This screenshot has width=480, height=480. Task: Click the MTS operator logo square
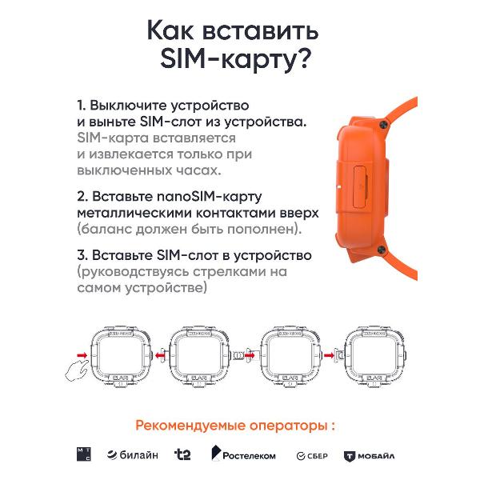(83, 454)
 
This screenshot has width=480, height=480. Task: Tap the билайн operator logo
(133, 455)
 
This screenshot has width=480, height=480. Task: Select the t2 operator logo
(182, 454)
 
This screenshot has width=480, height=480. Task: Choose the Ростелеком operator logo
(243, 454)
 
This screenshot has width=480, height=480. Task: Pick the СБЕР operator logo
(312, 456)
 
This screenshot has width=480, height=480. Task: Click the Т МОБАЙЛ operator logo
(369, 456)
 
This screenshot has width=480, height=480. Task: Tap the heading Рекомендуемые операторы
(235, 426)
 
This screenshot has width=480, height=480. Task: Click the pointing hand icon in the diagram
(77, 370)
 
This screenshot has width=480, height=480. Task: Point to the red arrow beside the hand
(82, 355)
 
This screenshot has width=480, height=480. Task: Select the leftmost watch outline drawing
(121, 357)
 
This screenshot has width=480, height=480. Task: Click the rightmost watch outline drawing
(375, 357)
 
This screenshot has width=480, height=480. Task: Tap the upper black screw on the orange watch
(383, 124)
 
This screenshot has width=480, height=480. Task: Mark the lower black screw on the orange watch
(381, 250)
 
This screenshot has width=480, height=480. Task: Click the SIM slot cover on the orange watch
(360, 186)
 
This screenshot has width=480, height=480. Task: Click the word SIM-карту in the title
(236, 58)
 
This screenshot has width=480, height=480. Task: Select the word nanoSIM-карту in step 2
(209, 197)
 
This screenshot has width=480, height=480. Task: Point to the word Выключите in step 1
(129, 106)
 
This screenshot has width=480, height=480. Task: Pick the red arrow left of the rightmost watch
(329, 355)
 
